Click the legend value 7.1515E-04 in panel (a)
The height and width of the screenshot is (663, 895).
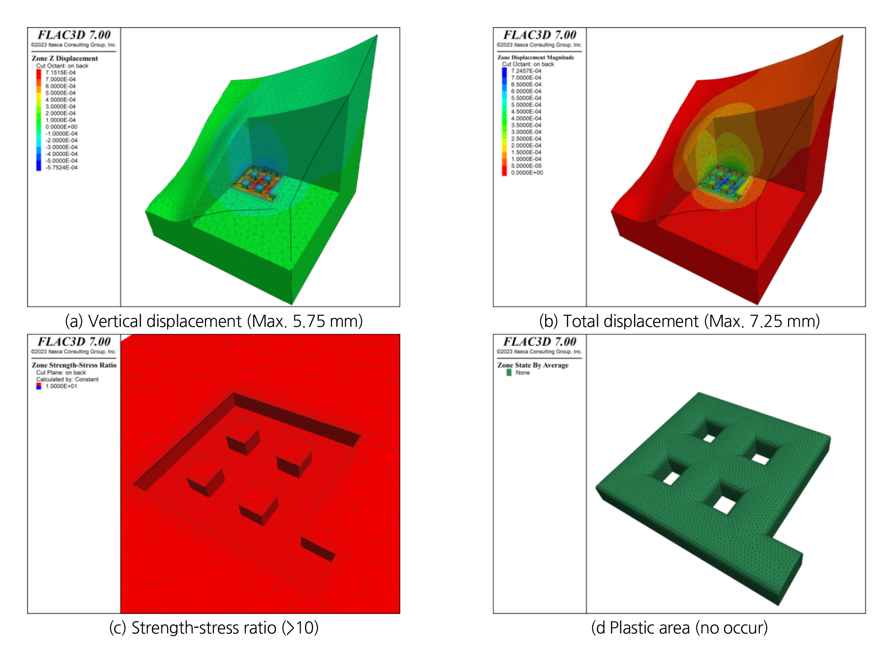(x=60, y=73)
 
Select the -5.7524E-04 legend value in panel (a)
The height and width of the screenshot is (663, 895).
(x=61, y=167)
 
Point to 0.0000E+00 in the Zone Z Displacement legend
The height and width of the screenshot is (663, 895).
(x=61, y=127)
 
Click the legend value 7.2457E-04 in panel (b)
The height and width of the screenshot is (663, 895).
(x=526, y=71)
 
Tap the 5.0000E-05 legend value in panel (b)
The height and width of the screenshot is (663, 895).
(x=526, y=166)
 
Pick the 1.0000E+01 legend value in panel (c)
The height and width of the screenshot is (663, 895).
(x=61, y=386)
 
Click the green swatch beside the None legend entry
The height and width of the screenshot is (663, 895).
(x=509, y=373)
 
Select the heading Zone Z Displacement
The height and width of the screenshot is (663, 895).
(x=65, y=58)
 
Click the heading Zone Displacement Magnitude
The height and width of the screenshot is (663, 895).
(x=535, y=57)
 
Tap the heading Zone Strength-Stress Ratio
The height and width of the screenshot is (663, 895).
(x=74, y=365)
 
